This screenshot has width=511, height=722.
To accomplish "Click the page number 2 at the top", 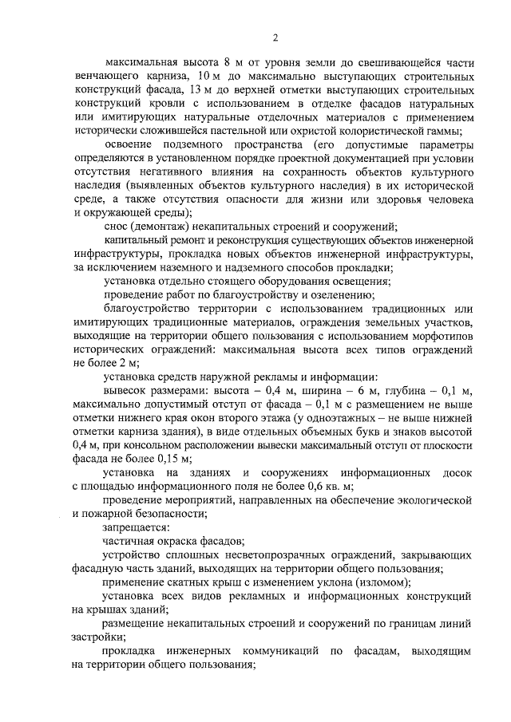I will (275, 37).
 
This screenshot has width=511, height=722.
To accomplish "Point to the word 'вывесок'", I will (124, 391).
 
